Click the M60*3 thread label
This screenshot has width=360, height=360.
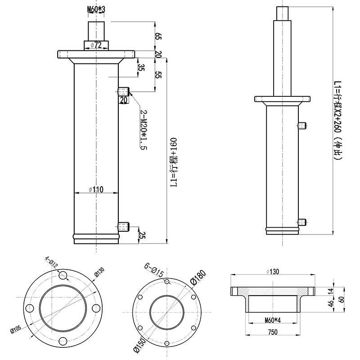[x=96, y=9]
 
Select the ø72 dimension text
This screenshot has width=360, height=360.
[x=96, y=45]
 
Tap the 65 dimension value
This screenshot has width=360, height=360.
[x=158, y=36]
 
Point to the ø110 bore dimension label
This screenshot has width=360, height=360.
[x=96, y=189]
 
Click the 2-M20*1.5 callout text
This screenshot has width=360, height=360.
[x=144, y=130]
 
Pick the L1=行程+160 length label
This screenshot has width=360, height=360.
[x=174, y=162]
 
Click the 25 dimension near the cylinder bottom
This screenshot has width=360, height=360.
[x=142, y=235]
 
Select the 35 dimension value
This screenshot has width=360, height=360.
[x=141, y=67]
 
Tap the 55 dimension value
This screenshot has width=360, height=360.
[x=158, y=75]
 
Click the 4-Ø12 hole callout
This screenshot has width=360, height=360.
[x=51, y=262]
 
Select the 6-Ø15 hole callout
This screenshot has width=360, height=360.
[x=154, y=270]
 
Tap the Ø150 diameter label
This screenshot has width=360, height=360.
[x=139, y=345]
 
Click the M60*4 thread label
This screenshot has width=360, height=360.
[x=273, y=320]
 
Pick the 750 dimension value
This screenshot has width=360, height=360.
[x=273, y=332]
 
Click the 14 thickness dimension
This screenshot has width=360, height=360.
[x=331, y=291]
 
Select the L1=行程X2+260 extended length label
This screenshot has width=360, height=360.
[x=338, y=120]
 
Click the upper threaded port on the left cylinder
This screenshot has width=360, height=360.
[x=123, y=92]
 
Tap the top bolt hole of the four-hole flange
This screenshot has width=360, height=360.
[x=63, y=275]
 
